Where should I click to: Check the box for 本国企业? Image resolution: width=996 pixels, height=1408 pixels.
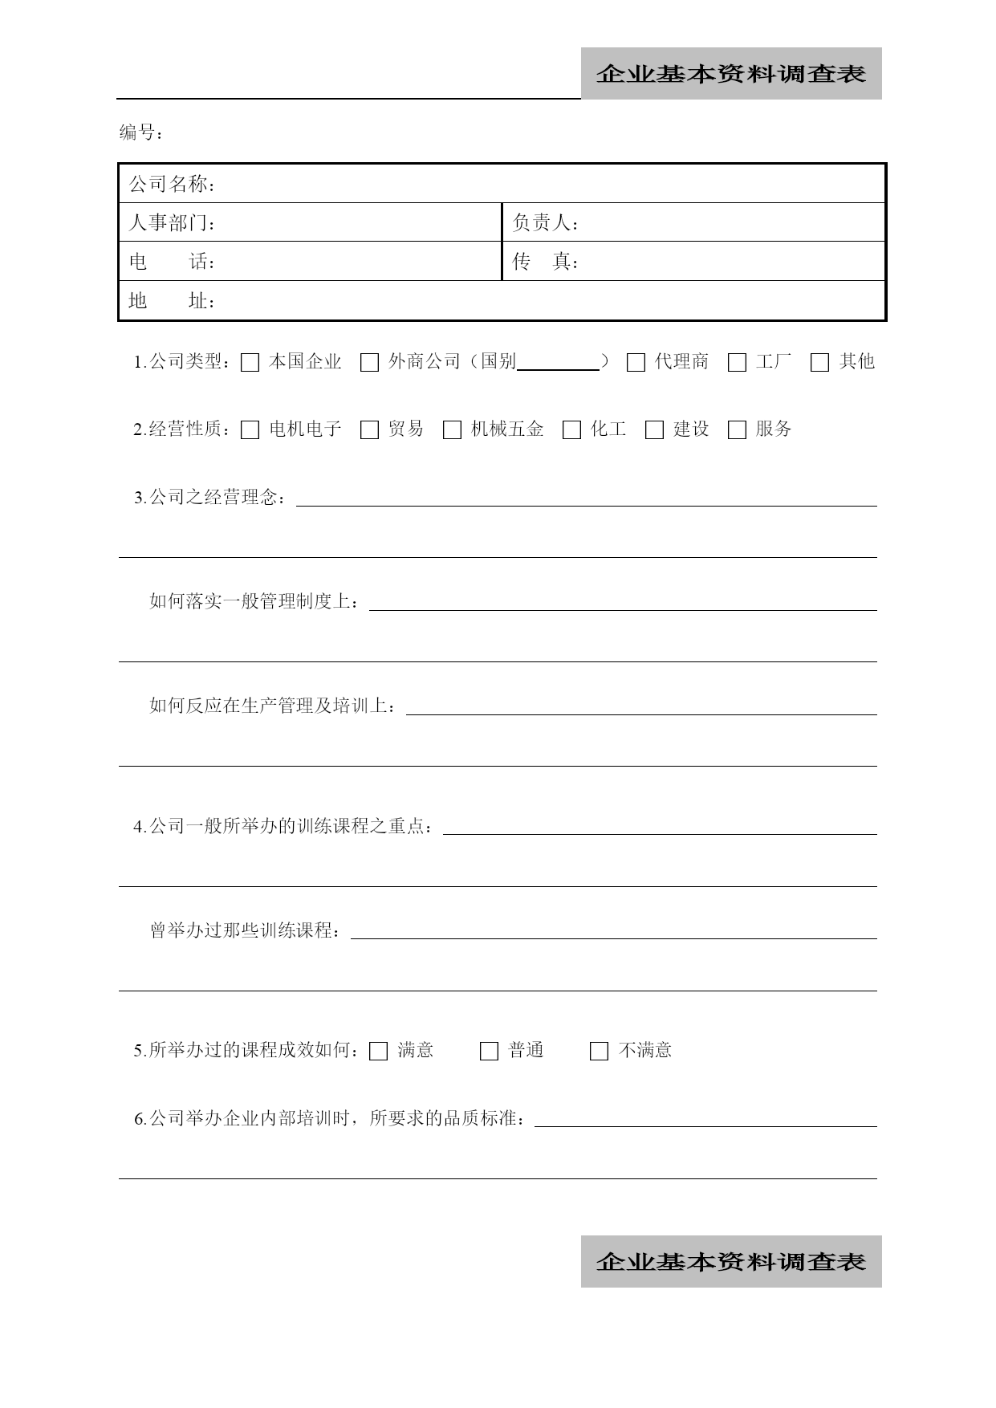click(250, 363)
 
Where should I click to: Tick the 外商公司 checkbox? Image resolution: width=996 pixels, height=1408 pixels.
click(369, 363)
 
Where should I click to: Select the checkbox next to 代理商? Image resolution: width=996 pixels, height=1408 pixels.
click(636, 363)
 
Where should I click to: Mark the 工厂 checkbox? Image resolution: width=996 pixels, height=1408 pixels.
click(737, 363)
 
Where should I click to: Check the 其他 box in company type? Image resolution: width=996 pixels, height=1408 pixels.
click(819, 363)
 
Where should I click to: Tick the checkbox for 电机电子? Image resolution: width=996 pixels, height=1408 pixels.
click(250, 430)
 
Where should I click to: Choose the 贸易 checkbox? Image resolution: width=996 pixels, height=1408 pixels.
click(369, 430)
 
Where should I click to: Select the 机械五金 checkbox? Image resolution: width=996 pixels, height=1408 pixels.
click(453, 430)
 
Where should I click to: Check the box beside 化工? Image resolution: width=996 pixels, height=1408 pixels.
click(571, 430)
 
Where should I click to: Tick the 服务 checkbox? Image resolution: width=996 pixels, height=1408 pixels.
click(737, 430)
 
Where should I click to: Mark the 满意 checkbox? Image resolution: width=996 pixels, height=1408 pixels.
click(379, 1052)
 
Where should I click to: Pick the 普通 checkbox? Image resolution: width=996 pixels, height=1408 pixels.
click(489, 1052)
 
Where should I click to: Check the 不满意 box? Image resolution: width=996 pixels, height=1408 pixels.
click(599, 1052)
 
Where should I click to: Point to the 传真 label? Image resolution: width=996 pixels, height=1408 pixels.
click(545, 262)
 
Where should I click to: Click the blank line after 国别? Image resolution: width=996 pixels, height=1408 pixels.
click(559, 363)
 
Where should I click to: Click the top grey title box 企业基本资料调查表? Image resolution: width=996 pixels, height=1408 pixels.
click(731, 74)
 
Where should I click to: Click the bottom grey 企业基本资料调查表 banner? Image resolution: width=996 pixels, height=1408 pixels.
click(731, 1262)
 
